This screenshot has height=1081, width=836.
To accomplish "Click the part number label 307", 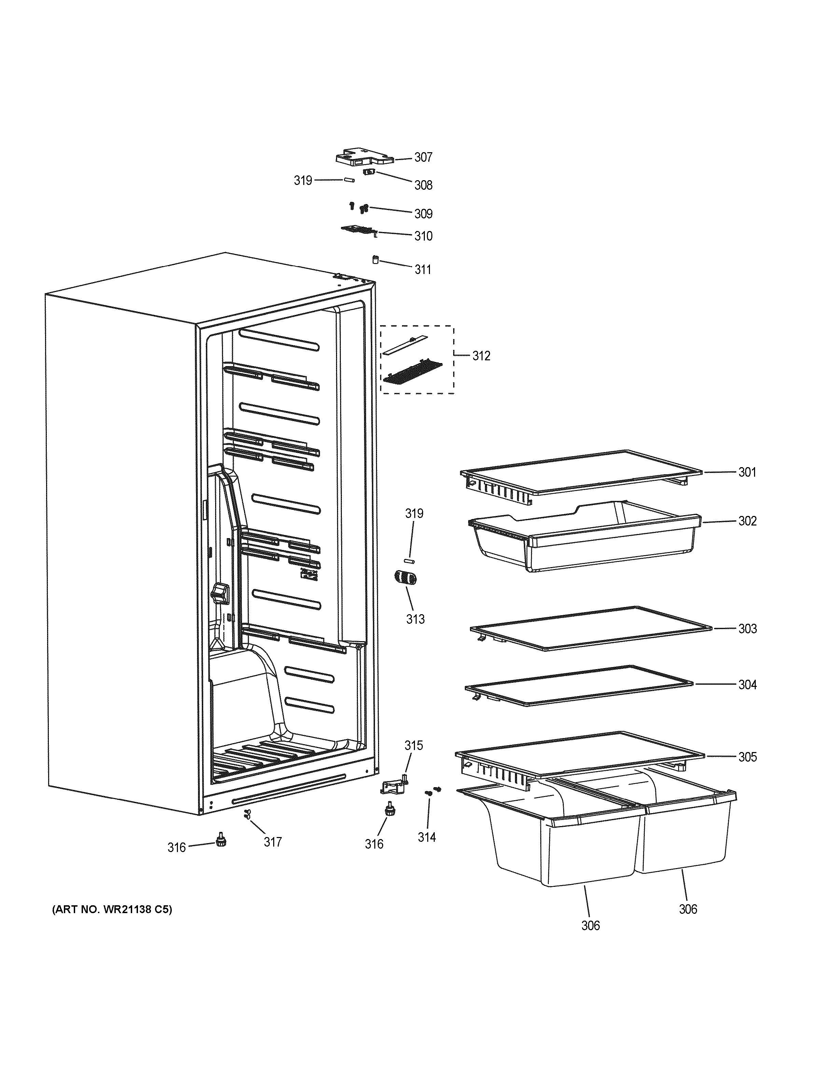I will point(423,157).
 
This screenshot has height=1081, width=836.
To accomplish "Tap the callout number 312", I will point(481,356).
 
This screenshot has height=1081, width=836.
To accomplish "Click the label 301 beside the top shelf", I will point(747,472).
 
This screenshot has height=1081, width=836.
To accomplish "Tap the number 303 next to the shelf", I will point(747,629).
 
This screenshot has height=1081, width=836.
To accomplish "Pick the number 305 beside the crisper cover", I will point(747,757).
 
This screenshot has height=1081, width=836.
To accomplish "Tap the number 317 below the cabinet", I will point(273,842).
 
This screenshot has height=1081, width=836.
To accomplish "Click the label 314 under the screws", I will point(427,837).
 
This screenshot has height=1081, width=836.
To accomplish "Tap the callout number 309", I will point(423,214).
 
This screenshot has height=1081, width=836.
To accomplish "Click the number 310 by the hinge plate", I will point(423,236).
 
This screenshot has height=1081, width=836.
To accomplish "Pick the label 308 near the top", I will point(423,185).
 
